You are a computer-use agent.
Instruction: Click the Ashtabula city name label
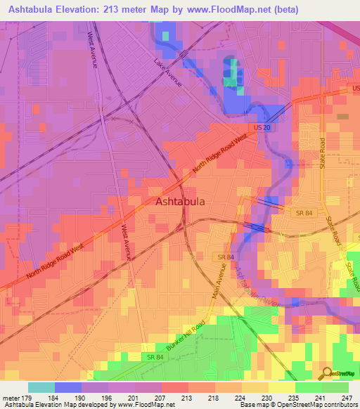tap(179, 202)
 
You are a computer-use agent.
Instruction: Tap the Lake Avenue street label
tap(168, 72)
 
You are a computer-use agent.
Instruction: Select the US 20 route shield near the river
tap(262, 127)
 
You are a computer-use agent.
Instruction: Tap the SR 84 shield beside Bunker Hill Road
tap(155, 358)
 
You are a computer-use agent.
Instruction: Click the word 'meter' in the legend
tap(11, 397)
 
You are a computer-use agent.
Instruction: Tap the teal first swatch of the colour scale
tap(41, 387)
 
